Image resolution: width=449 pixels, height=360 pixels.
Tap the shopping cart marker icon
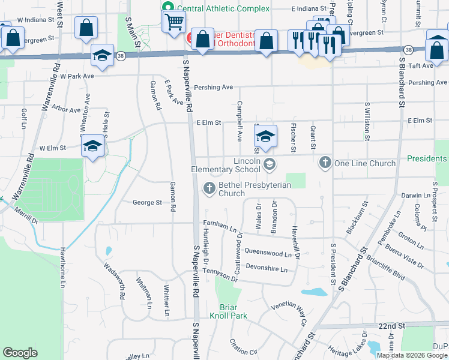click(173, 22)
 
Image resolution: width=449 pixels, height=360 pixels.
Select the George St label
click(147, 203)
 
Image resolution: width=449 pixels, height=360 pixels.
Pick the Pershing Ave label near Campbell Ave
click(214, 88)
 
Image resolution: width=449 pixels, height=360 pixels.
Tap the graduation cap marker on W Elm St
click(92, 146)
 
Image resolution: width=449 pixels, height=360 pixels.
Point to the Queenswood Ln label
click(272, 253)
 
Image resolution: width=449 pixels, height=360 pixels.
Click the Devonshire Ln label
click(267, 269)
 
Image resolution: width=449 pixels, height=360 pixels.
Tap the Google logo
click(20, 353)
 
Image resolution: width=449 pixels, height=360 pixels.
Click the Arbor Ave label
click(67, 110)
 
